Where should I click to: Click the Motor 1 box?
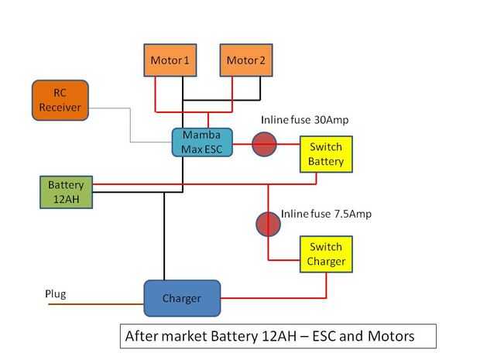point(171,60)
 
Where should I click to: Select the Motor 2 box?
point(247,60)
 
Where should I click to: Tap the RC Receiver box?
point(60,100)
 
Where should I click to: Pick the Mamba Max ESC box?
point(201,142)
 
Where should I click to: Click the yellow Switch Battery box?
point(326,153)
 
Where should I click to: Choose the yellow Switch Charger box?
point(326,254)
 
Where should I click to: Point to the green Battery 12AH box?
point(66,192)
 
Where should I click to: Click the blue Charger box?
point(182,298)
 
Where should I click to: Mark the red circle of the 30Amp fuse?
point(265,142)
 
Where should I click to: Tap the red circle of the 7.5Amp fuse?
point(268,224)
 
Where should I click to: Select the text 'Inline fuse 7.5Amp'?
point(326,214)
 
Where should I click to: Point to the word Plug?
point(55,294)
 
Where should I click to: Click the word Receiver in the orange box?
point(60,108)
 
